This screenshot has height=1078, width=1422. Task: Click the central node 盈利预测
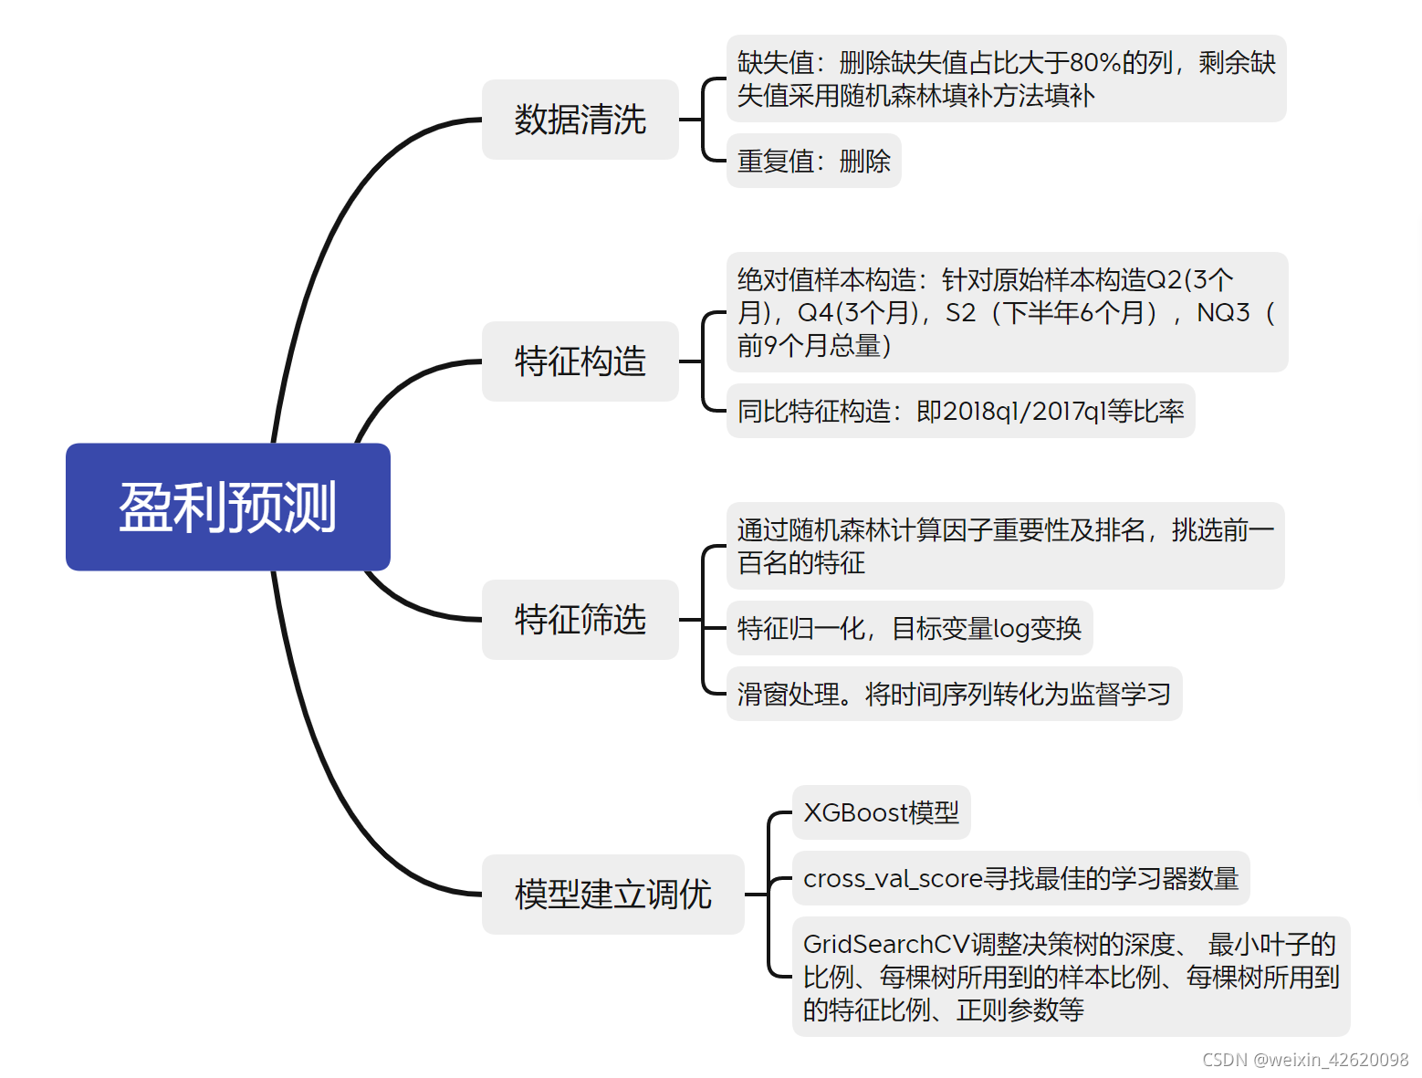tap(227, 507)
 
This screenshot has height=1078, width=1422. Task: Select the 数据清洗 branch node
tap(580, 120)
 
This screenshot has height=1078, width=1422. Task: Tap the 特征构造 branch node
tap(580, 361)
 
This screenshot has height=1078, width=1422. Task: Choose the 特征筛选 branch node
tap(580, 620)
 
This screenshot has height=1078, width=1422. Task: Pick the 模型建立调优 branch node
tap(612, 895)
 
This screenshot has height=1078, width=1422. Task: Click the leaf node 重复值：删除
tap(813, 162)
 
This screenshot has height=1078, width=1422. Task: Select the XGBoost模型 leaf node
tap(881, 812)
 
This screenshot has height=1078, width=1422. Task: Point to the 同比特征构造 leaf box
tap(960, 412)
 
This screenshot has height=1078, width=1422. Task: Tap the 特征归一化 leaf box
tap(909, 628)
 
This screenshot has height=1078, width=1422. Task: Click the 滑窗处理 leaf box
tap(954, 695)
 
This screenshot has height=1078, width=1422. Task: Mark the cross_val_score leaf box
tap(1020, 878)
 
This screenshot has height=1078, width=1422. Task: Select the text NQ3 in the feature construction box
tap(1223, 313)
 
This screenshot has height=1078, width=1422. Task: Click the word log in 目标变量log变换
tap(1010, 629)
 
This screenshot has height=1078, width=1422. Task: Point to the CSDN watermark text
tap(1305, 1060)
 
